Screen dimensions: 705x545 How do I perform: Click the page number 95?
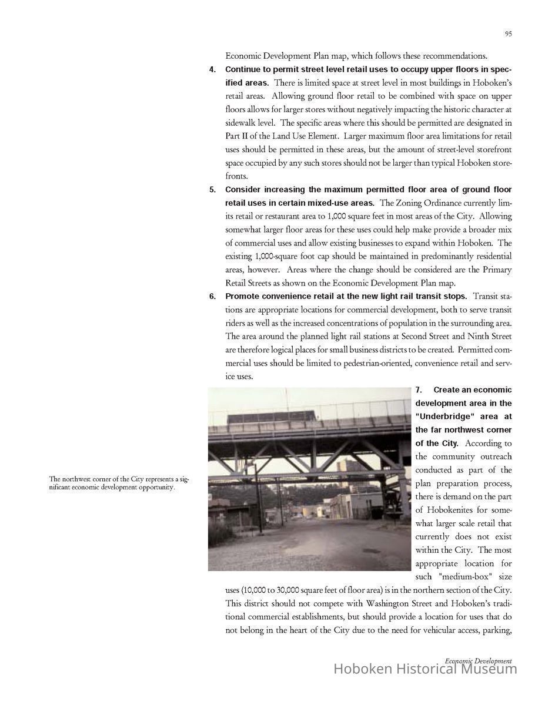coord(508,34)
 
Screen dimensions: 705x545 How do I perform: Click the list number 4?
coord(212,69)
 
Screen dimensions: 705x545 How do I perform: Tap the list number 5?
coord(212,190)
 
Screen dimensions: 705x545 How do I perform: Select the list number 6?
coord(212,296)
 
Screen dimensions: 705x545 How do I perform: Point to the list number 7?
coord(419,390)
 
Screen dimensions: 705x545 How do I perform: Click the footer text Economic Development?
coord(478,661)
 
